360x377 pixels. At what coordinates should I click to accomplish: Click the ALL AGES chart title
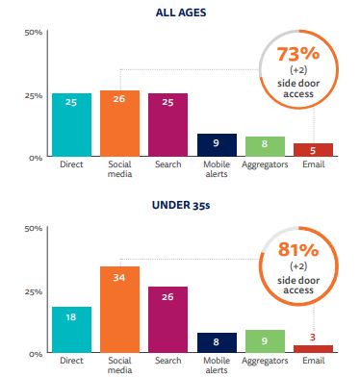pos(181,13)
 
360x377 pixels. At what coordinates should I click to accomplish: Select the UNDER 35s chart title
pos(181,205)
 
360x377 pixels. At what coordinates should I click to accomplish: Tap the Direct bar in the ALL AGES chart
pos(71,125)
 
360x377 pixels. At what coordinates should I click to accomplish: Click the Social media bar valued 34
pos(119,310)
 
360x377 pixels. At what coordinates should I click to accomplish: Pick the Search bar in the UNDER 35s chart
pos(167,319)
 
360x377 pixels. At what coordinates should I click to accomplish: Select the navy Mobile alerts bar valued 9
pos(217,145)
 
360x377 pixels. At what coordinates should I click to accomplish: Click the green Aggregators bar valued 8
pos(265,146)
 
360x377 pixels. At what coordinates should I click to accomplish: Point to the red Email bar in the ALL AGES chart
pos(313,150)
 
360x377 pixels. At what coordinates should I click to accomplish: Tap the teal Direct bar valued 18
pos(71,330)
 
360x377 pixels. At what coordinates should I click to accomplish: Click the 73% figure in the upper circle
pos(298,54)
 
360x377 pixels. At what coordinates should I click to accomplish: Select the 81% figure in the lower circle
pos(298,250)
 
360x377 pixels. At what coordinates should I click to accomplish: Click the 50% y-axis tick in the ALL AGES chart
pos(34,33)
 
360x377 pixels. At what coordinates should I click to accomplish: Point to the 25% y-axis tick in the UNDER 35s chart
pos(34,291)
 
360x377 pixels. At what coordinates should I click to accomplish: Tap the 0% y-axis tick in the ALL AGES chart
pos(36,158)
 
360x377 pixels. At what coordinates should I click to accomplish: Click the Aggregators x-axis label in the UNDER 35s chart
pos(265,361)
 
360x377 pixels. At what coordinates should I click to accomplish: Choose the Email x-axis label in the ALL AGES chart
pos(314,164)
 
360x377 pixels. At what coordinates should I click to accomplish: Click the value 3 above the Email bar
pos(313,337)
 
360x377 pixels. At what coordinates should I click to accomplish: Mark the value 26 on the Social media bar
pos(119,99)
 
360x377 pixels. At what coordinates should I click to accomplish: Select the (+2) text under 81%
pos(298,266)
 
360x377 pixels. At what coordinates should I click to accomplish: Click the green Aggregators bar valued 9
pos(265,341)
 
